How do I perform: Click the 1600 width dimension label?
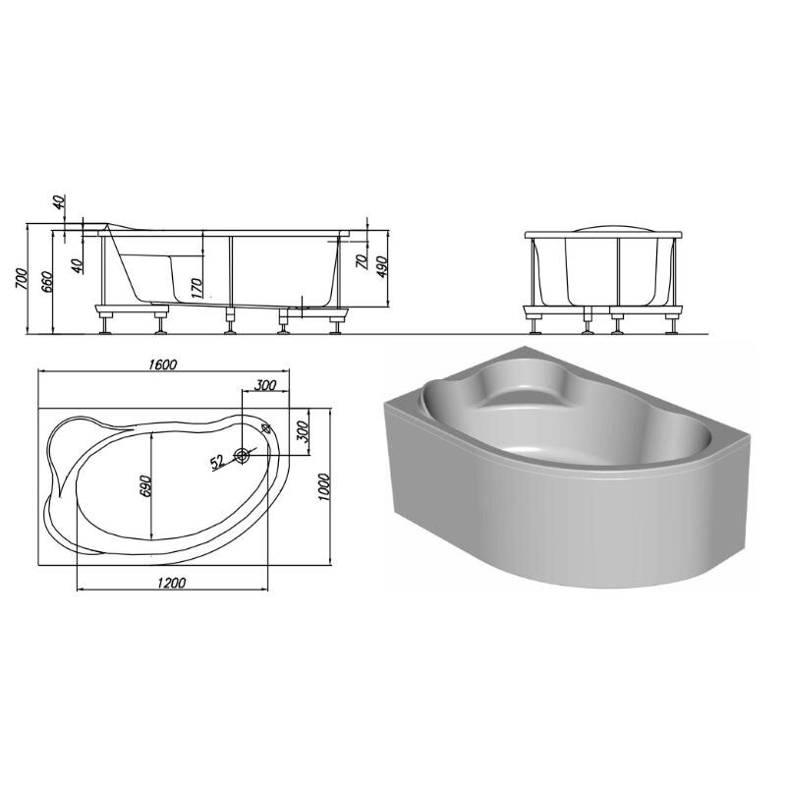163,364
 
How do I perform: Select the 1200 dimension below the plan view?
171,583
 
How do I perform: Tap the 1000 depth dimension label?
324,487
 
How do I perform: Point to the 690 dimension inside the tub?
145,485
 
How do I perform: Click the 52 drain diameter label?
217,462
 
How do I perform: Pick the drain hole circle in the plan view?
243,456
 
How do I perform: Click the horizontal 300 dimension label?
265,385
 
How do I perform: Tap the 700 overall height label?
21,279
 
